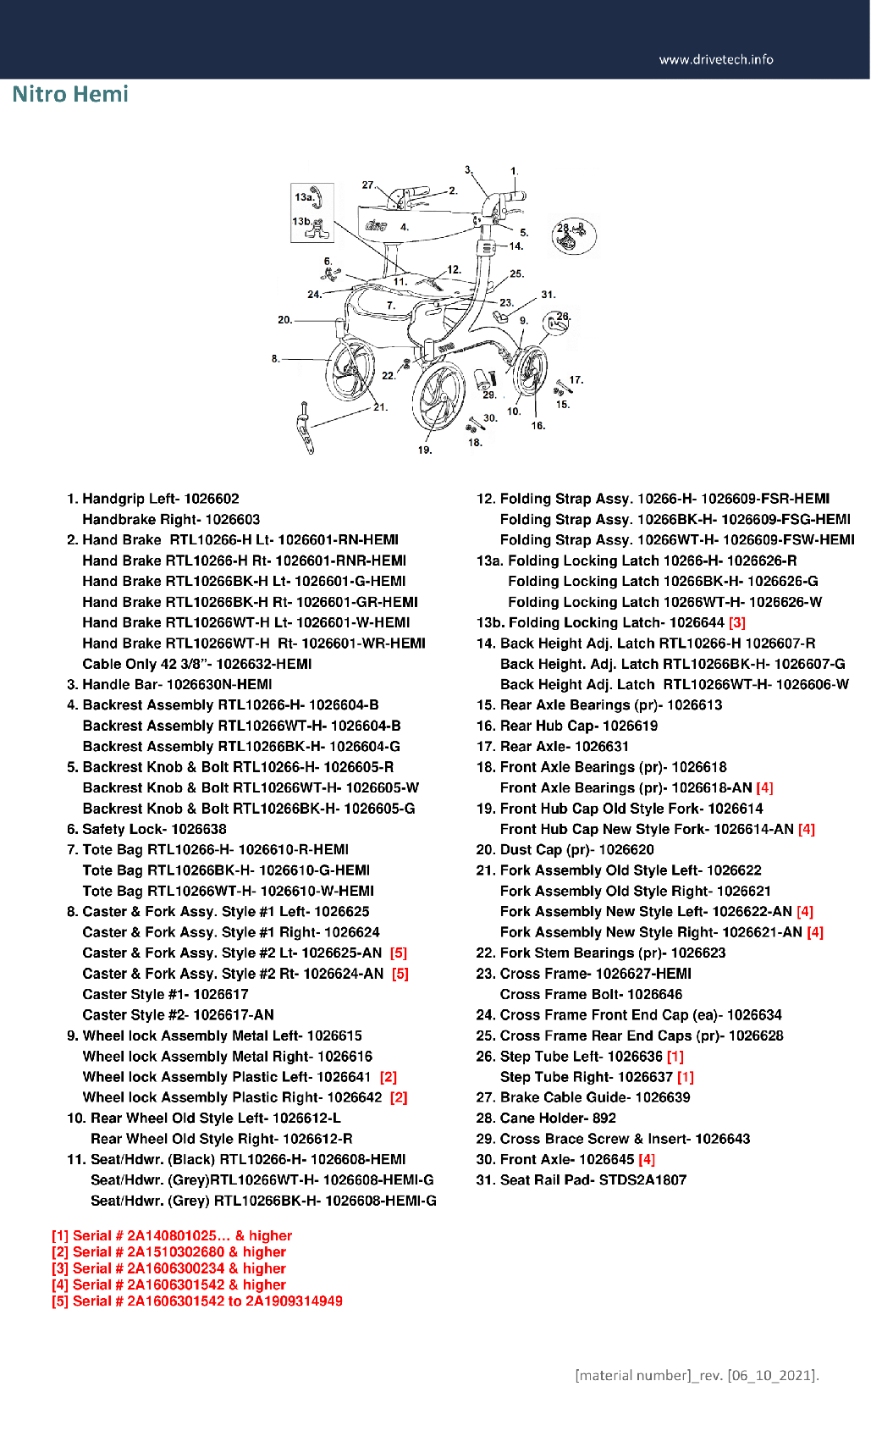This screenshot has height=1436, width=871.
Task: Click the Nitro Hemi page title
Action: pyautogui.click(x=70, y=94)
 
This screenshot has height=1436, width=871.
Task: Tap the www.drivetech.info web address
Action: pyautogui.click(x=715, y=59)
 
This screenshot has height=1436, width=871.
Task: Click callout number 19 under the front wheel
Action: pyautogui.click(x=424, y=450)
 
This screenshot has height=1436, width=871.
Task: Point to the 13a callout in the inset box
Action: pyautogui.click(x=304, y=197)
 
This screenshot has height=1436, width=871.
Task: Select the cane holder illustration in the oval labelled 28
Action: pyautogui.click(x=574, y=236)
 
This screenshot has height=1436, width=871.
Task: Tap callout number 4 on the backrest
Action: pyautogui.click(x=405, y=227)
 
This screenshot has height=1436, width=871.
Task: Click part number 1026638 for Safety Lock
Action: pyautogui.click(x=199, y=829)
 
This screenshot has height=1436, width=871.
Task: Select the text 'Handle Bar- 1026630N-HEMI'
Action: pyautogui.click(x=177, y=684)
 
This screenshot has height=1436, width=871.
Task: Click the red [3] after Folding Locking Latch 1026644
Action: pyautogui.click(x=736, y=622)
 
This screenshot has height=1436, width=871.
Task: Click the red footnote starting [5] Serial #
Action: pyautogui.click(x=197, y=1301)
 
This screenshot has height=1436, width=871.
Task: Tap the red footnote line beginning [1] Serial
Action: pyautogui.click(x=172, y=1235)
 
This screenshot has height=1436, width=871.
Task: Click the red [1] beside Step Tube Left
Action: pyautogui.click(x=675, y=1056)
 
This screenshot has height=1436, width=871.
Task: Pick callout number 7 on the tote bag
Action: pyautogui.click(x=390, y=306)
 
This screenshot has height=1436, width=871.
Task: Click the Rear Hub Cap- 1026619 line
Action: pyautogui.click(x=578, y=726)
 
